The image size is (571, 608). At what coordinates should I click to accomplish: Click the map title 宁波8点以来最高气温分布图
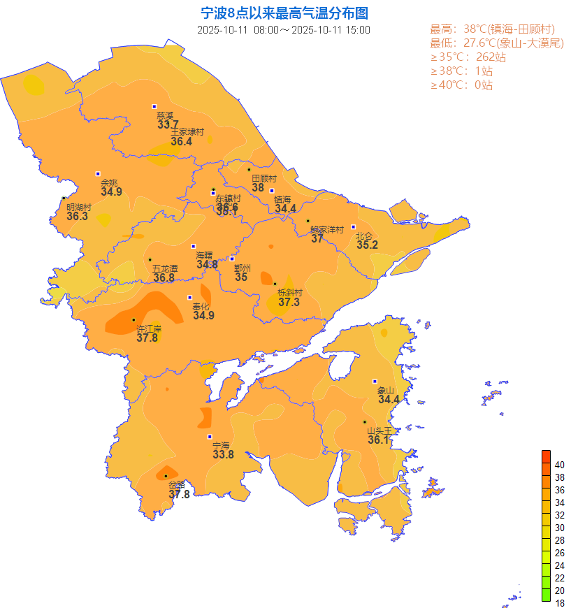pyautogui.click(x=284, y=13)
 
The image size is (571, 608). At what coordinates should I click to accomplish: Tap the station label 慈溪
pyautogui.click(x=165, y=116)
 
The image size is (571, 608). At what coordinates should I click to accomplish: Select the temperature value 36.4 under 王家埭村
pyautogui.click(x=181, y=141)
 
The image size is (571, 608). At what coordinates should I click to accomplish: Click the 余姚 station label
pyautogui.click(x=109, y=183)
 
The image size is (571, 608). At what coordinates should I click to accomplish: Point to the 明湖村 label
pyautogui.click(x=79, y=208)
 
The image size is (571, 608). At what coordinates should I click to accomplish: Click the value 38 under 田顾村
pyautogui.click(x=258, y=187)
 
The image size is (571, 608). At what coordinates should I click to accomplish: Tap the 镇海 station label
pyautogui.click(x=282, y=199)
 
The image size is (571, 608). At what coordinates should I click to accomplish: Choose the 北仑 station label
pyautogui.click(x=364, y=236)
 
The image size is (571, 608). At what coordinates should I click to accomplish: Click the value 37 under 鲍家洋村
pyautogui.click(x=317, y=238)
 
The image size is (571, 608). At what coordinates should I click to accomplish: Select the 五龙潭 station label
pyautogui.click(x=165, y=268)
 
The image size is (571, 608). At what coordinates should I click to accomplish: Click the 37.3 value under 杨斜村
pyautogui.click(x=289, y=302)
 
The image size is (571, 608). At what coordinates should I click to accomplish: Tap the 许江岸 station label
pyautogui.click(x=149, y=328)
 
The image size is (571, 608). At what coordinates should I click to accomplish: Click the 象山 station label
pyautogui.click(x=386, y=391)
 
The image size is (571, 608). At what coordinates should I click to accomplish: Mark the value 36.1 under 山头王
pyautogui.click(x=378, y=440)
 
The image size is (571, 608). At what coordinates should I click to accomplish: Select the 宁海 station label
pyautogui.click(x=221, y=445)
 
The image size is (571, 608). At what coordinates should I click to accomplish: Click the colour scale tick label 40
pyautogui.click(x=560, y=465)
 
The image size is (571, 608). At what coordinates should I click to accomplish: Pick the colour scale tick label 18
pyautogui.click(x=560, y=603)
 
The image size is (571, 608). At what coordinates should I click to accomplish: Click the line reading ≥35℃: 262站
pyautogui.click(x=468, y=57)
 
